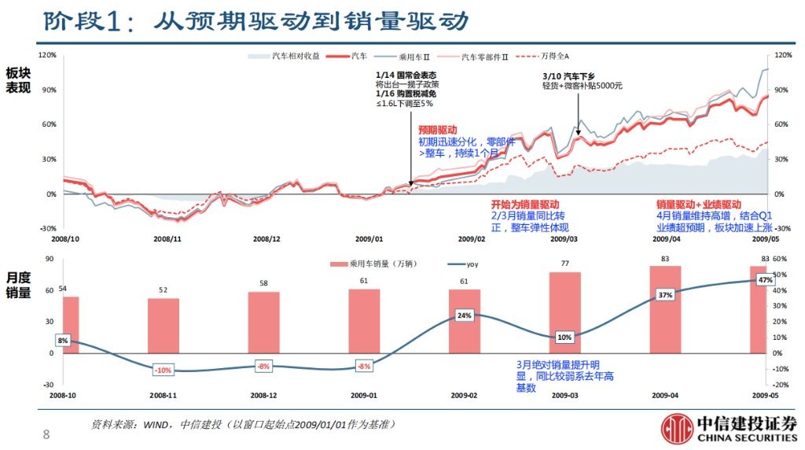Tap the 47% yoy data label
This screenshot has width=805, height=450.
pos(764,280)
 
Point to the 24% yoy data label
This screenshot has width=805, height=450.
pos(464,315)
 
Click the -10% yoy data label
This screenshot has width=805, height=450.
pos(163,370)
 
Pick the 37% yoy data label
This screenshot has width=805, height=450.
pos(665,295)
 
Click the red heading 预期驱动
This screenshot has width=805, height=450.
pos(437,130)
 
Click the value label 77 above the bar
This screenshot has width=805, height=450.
pos(564,263)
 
